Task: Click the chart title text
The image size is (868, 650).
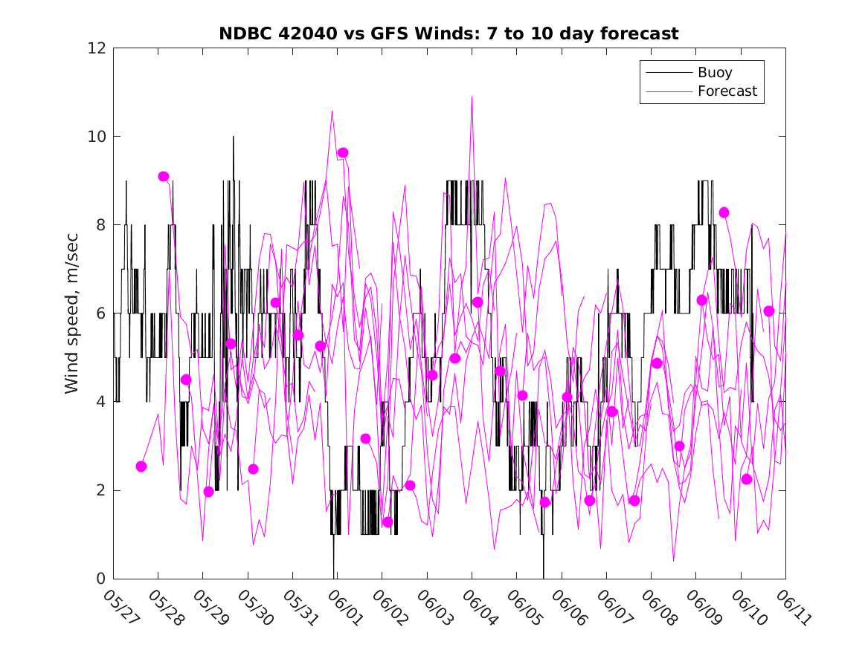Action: click(449, 34)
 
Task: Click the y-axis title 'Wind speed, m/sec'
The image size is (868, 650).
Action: click(72, 313)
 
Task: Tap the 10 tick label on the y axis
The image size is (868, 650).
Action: click(97, 137)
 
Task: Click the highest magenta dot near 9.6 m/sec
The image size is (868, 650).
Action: click(343, 153)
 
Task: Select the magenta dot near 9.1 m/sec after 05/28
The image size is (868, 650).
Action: click(164, 177)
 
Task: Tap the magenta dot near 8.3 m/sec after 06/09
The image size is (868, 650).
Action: click(724, 212)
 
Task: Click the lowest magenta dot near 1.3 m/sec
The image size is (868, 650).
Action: click(388, 522)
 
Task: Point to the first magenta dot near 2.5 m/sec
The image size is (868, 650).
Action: click(141, 467)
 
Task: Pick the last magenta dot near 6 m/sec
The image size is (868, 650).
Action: click(769, 311)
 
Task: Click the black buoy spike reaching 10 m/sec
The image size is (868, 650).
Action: click(233, 137)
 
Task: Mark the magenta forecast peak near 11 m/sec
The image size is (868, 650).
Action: click(472, 97)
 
